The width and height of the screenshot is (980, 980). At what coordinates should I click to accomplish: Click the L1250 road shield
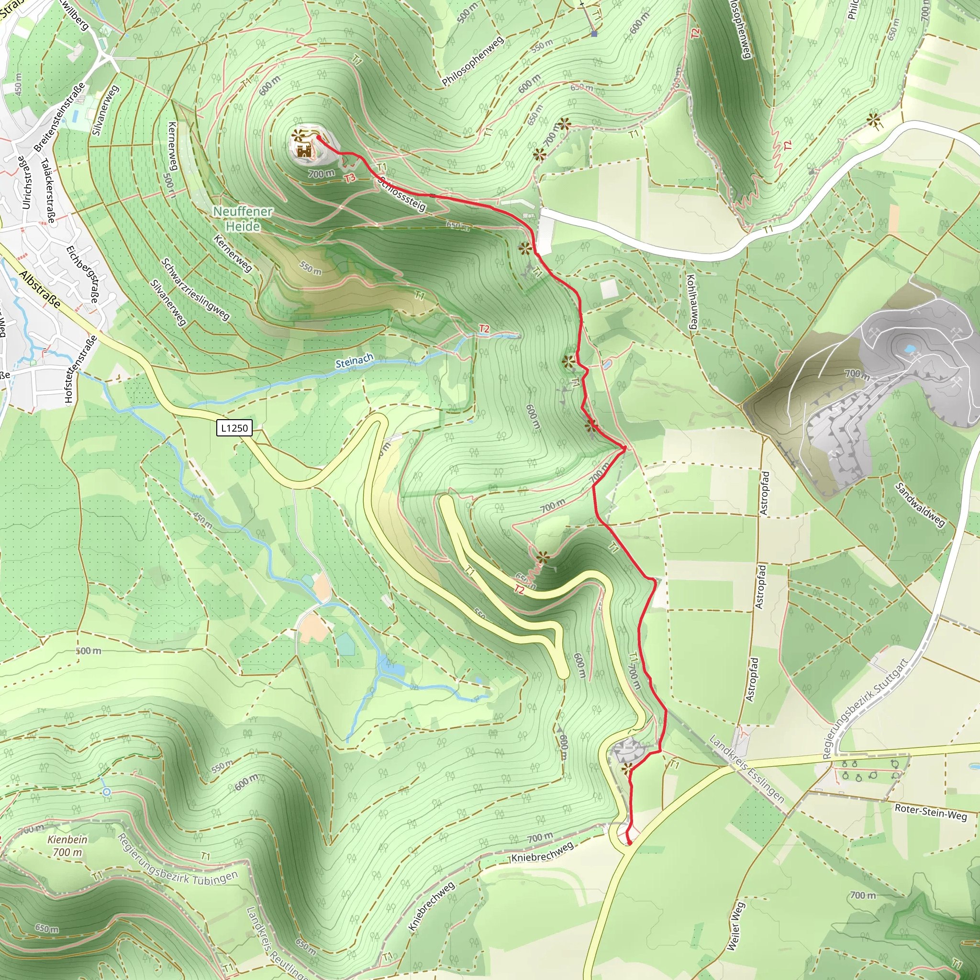coord(234,428)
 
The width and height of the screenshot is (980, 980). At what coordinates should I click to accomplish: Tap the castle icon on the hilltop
coord(304,150)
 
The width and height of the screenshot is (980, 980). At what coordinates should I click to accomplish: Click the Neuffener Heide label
coord(243,219)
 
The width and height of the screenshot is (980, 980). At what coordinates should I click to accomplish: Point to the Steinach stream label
coord(354,361)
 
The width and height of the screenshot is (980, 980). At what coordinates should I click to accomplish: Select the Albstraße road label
coord(41,290)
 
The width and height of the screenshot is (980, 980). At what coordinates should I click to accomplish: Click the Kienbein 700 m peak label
coord(67,846)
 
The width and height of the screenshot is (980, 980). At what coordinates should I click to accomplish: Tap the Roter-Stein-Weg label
coord(930,812)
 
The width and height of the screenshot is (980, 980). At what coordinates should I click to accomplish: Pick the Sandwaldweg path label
coord(920,505)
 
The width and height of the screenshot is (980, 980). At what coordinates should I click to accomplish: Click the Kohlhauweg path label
coord(691,302)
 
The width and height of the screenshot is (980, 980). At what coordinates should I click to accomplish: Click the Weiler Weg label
coord(735,926)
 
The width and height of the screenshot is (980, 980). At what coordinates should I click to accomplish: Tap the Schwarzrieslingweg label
coord(195,289)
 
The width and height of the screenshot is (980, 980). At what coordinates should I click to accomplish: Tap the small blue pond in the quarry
coord(910,348)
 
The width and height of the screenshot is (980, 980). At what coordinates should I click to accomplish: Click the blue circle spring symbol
coord(107,792)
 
